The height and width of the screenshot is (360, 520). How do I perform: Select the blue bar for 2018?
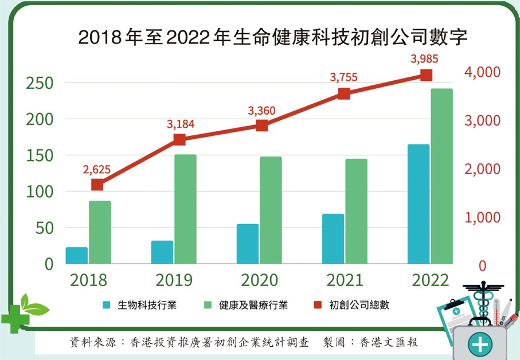click(x=77, y=256)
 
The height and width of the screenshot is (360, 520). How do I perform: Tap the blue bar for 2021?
click(x=333, y=239)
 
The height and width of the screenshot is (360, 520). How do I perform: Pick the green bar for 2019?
click(x=185, y=209)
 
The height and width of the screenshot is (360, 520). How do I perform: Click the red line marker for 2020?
click(x=262, y=126)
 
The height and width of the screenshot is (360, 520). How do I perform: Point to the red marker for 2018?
click(x=97, y=185)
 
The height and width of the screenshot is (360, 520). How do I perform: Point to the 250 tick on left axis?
click(x=40, y=83)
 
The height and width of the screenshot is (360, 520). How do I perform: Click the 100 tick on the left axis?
click(x=40, y=191)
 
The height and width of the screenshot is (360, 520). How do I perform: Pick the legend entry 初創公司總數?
click(x=359, y=305)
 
